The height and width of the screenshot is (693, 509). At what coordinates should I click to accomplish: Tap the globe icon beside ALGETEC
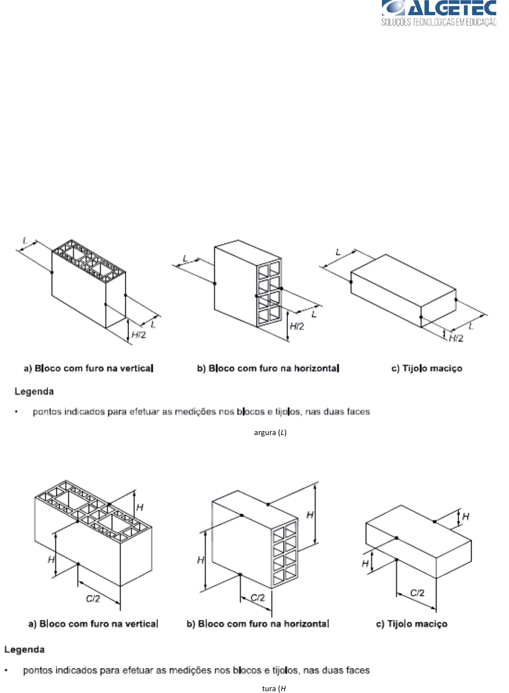click(x=392, y=8)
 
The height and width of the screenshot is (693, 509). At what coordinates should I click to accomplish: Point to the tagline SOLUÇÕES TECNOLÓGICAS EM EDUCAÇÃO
click(x=439, y=22)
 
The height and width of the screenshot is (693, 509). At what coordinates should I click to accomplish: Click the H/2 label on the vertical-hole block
click(x=139, y=335)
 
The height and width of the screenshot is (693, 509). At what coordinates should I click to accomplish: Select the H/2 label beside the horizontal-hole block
click(x=297, y=326)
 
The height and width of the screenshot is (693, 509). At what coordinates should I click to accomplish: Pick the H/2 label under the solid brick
click(x=456, y=338)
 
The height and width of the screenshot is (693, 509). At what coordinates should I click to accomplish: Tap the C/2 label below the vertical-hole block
click(x=93, y=599)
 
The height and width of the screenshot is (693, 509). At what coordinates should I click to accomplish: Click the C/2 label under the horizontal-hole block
click(x=258, y=597)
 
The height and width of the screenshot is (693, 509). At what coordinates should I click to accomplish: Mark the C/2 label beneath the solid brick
click(x=417, y=593)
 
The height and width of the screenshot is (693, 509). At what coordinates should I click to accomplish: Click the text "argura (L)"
click(x=270, y=433)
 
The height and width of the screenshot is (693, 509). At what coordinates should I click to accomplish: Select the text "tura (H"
click(x=274, y=688)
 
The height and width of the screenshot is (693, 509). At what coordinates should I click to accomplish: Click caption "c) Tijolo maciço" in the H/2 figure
click(x=427, y=368)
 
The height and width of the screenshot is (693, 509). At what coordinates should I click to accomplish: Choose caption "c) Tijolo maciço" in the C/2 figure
click(x=411, y=624)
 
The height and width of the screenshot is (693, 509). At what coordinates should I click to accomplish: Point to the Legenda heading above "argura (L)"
click(x=34, y=392)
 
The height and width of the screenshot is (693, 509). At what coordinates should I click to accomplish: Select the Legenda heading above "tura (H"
click(x=25, y=650)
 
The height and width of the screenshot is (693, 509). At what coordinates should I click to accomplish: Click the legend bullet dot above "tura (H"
click(x=6, y=670)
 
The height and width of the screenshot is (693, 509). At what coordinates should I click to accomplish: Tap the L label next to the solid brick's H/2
click(x=471, y=326)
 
